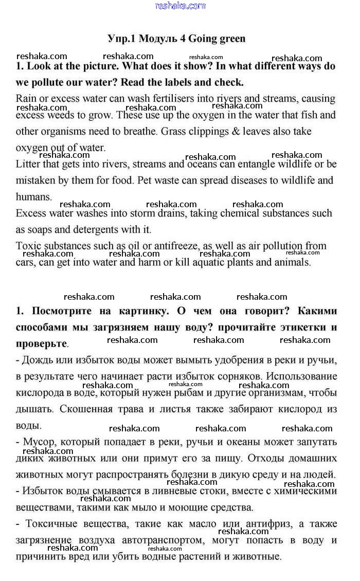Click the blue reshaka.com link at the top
pyautogui.click(x=180, y=6)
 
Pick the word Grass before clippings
pyautogui.click(x=173, y=132)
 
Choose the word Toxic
pyautogui.click(x=29, y=246)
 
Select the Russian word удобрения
pyautogui.click(x=225, y=360)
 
